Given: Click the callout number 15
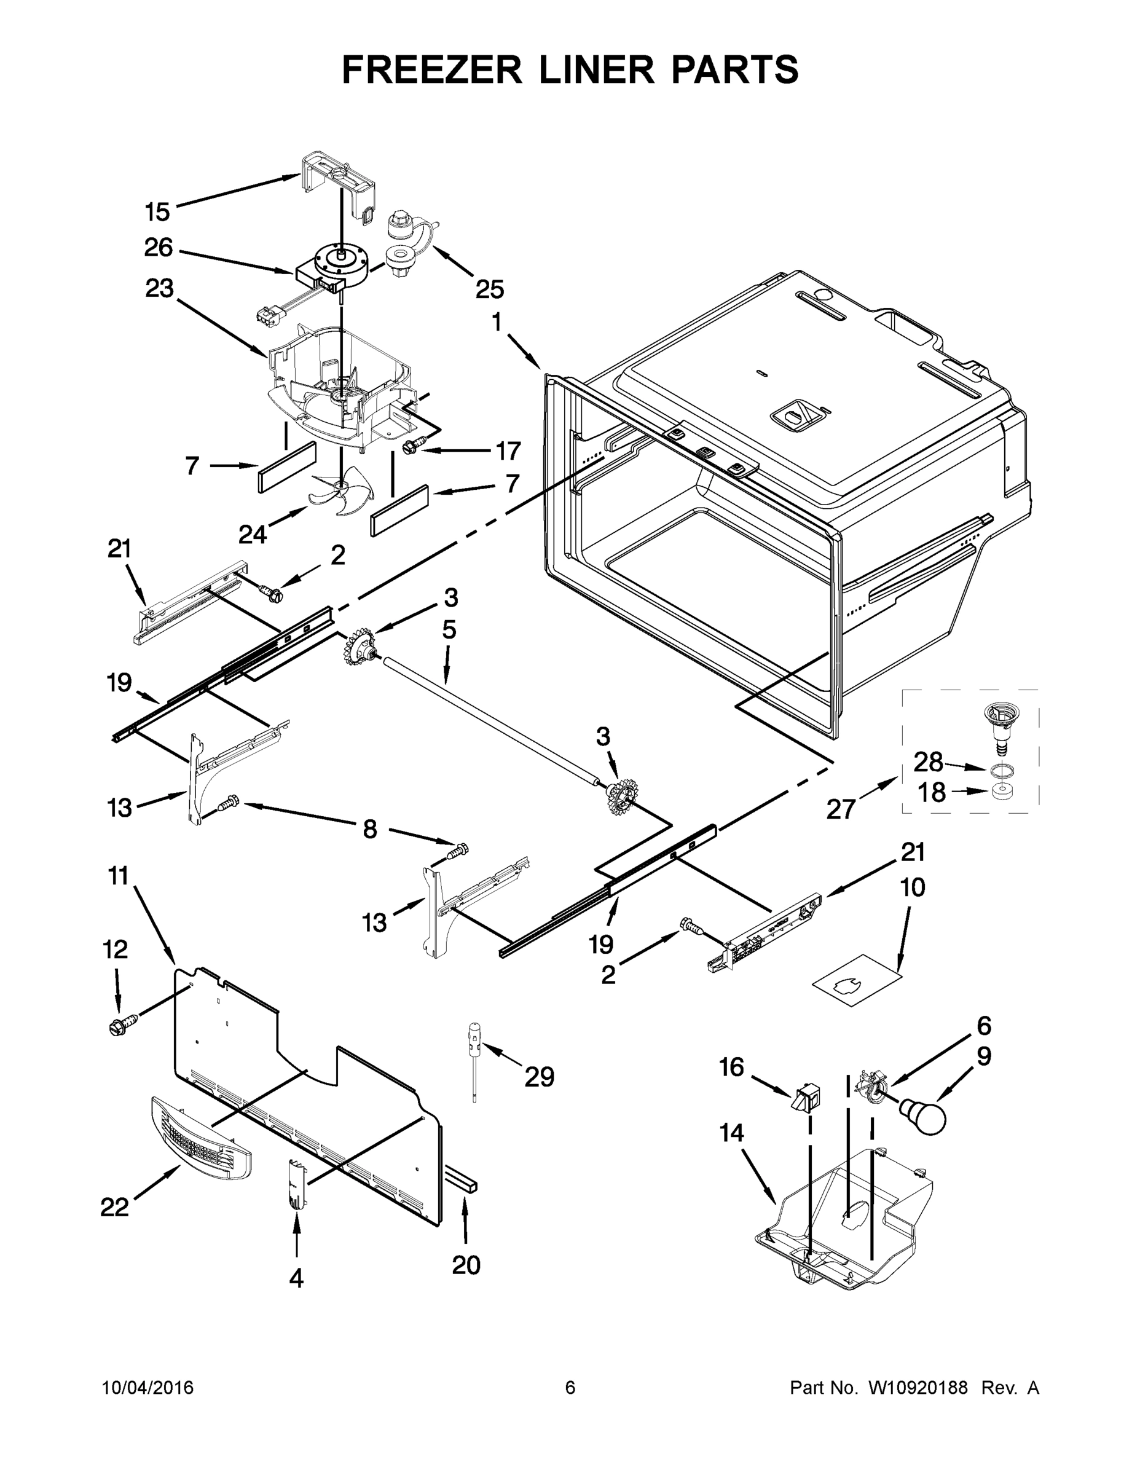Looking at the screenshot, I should click(157, 212).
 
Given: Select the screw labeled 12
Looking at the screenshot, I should click(122, 1025).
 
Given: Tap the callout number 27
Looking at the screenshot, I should click(841, 808).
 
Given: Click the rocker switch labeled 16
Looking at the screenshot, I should click(805, 1099).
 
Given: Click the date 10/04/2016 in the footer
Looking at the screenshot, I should click(148, 1387).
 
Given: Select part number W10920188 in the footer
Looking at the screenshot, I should click(917, 1387).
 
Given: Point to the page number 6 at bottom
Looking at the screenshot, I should click(570, 1387).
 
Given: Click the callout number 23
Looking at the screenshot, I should click(159, 288).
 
